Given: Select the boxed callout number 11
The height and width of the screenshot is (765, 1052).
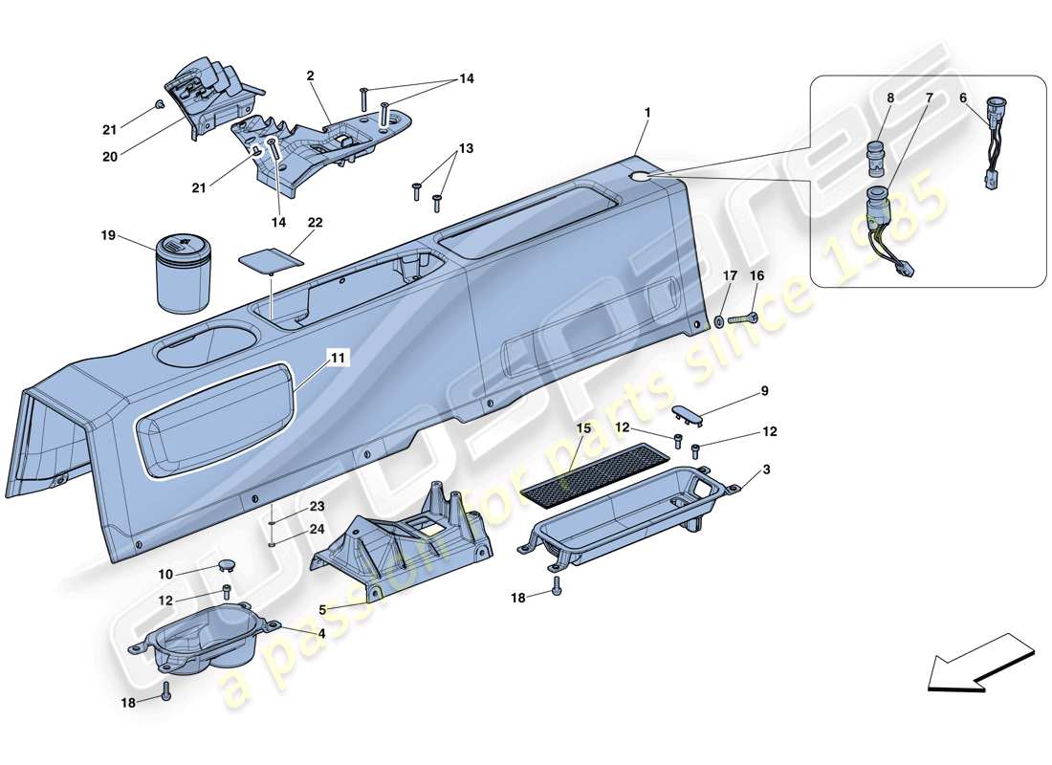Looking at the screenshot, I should click(338, 359).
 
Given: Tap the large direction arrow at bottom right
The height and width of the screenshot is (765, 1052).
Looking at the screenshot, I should click(980, 661).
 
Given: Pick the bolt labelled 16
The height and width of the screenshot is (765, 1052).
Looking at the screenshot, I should click(743, 317).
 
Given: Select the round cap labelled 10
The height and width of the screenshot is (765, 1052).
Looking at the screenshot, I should click(226, 568).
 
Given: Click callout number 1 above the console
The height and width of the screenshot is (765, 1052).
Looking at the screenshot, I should click(647, 113).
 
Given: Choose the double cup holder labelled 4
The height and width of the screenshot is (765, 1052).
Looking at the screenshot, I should click(203, 640).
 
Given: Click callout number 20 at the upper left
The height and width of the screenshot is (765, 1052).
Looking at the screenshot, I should click(109, 157).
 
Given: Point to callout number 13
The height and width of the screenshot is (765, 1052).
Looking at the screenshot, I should click(466, 149).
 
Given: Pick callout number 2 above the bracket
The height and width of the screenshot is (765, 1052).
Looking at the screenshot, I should click(310, 75).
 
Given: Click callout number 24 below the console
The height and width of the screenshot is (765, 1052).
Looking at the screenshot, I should click(316, 528).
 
